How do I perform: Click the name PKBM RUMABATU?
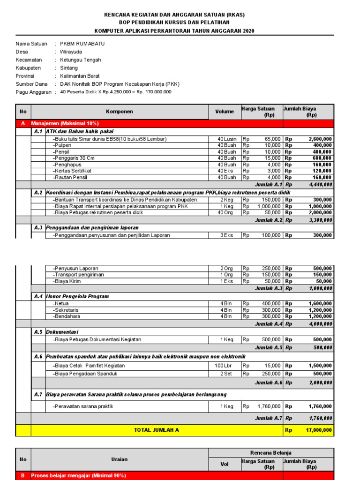82,44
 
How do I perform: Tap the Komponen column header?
120,112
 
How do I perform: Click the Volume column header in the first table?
224,112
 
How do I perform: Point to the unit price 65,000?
273,139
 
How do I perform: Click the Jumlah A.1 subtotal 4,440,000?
320,185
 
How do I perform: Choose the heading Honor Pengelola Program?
77,296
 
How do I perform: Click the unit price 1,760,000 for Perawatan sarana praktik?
269,406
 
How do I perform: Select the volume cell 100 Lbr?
223,366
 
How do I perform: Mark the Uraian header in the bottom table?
120,459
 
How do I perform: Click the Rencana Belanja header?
271,453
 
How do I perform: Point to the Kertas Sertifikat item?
72,171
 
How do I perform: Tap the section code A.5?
38,332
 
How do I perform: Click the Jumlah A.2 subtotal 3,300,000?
320,220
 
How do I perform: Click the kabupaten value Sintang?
69,68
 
